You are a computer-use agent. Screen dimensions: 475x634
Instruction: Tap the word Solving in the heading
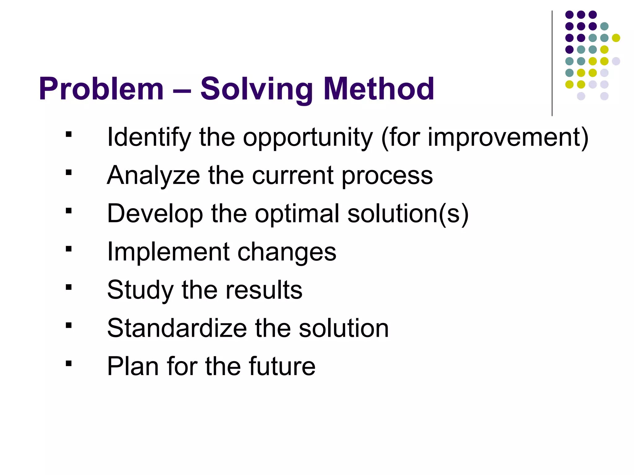point(256,89)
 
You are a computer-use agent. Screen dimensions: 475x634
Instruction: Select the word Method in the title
point(378,89)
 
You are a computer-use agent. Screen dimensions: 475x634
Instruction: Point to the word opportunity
point(308,138)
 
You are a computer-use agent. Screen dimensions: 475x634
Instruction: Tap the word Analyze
point(153,175)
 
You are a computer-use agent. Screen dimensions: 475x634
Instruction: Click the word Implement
point(168,252)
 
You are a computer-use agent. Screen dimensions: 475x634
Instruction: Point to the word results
point(264,290)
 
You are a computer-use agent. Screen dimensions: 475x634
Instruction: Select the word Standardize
point(177,328)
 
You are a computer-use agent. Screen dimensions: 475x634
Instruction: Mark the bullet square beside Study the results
point(69,287)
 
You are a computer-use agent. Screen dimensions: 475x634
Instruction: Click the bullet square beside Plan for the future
point(69,363)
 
